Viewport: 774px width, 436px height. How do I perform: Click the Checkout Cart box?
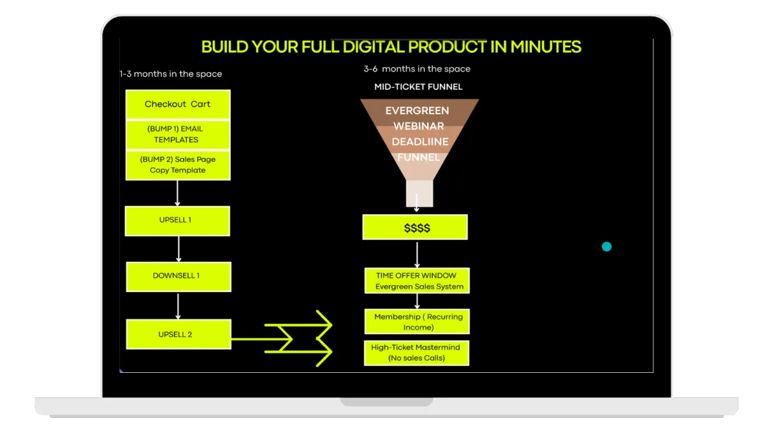pos(178,104)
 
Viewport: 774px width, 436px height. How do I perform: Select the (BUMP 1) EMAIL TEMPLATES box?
pos(178,135)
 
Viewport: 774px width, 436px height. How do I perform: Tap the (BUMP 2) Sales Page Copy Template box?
pos(178,165)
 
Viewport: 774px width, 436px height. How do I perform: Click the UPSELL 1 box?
pos(177,221)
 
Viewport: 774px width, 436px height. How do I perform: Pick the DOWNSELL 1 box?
pos(179,277)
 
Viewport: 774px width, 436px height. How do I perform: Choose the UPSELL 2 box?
pos(179,334)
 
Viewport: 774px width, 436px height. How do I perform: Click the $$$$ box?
pos(415,227)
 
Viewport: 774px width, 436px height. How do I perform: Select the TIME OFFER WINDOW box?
pos(417,281)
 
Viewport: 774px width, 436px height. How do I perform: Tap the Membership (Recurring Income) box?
pos(417,321)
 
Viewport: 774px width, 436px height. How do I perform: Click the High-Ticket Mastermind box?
pos(417,353)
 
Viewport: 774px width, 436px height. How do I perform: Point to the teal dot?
pos(606,246)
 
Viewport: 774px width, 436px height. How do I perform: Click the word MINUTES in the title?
pos(546,46)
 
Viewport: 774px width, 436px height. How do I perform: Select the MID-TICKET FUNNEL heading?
pos(418,86)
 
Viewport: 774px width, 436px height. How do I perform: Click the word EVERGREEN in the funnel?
pos(417,110)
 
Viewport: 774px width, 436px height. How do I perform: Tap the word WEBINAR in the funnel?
pos(419,126)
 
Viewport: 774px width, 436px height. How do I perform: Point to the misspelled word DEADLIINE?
pos(420,142)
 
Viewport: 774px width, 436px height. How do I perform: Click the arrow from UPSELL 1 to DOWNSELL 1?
pos(178,249)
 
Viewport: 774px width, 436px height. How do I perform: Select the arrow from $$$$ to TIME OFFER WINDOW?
pos(417,255)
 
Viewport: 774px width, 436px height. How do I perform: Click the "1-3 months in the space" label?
pos(171,74)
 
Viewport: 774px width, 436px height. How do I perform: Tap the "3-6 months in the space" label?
pos(417,69)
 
